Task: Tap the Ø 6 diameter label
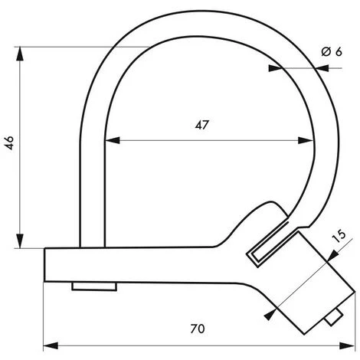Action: click(x=331, y=51)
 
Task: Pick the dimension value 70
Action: click(x=198, y=329)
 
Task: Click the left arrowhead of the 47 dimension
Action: click(x=110, y=140)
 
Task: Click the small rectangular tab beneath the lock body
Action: click(x=93, y=286)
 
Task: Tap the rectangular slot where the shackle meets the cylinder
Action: click(x=264, y=251)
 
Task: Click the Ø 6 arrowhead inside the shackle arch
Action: click(x=275, y=68)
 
